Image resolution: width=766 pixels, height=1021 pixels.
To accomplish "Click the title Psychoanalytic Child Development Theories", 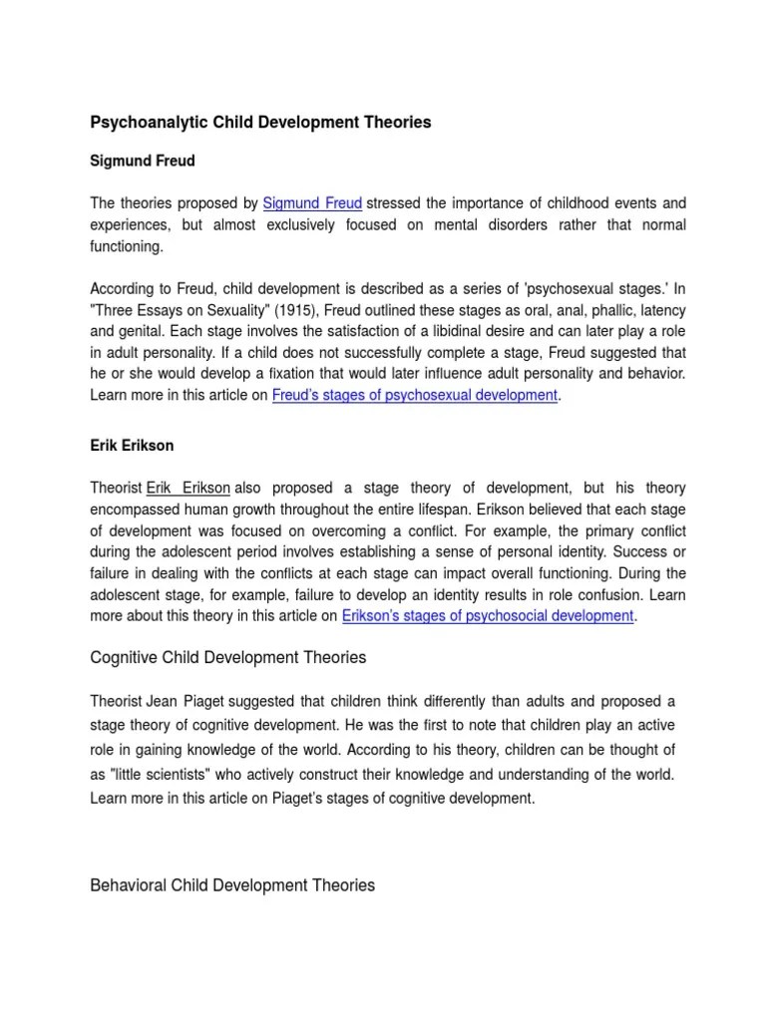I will [x=260, y=123].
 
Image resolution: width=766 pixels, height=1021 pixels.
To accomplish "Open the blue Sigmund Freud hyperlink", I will [x=312, y=203].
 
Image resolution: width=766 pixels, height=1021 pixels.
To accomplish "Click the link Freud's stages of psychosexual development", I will [x=415, y=395].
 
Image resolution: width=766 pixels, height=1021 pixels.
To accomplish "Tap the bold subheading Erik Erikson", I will [x=131, y=445].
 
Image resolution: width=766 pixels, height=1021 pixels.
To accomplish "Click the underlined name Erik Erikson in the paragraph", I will [x=189, y=488].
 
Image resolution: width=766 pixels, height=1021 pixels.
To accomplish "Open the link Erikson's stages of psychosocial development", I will [x=488, y=616].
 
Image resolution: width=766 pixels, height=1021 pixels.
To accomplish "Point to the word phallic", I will [x=603, y=309].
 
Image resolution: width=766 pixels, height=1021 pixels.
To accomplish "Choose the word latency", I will [x=660, y=309].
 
